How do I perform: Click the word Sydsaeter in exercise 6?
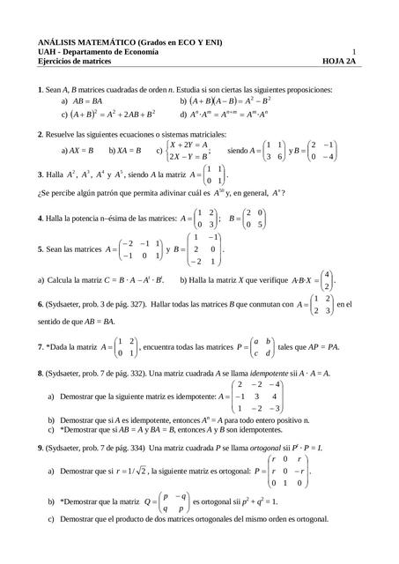coord(69,304)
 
